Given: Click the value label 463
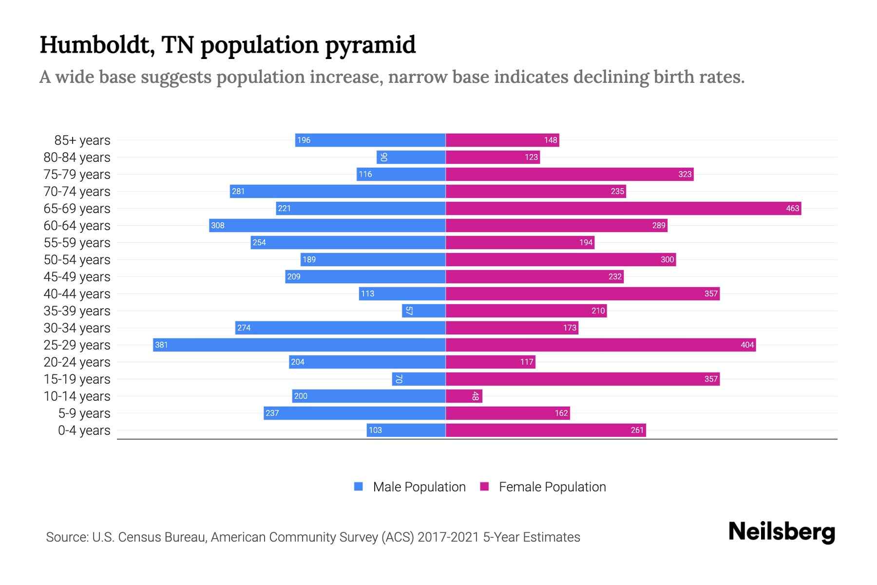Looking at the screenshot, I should [x=792, y=208].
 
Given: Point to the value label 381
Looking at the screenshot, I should [x=161, y=345].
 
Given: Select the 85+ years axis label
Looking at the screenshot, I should [x=82, y=140].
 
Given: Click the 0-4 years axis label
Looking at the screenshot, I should [x=84, y=430].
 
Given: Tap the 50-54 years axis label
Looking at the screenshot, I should [x=77, y=259].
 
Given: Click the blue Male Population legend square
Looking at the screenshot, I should [x=359, y=487].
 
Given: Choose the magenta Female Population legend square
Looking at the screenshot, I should [x=484, y=487].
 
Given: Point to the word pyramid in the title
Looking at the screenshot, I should [x=370, y=45].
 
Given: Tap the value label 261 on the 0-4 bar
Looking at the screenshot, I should [x=637, y=430].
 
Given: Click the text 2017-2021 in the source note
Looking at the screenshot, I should [x=448, y=537].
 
